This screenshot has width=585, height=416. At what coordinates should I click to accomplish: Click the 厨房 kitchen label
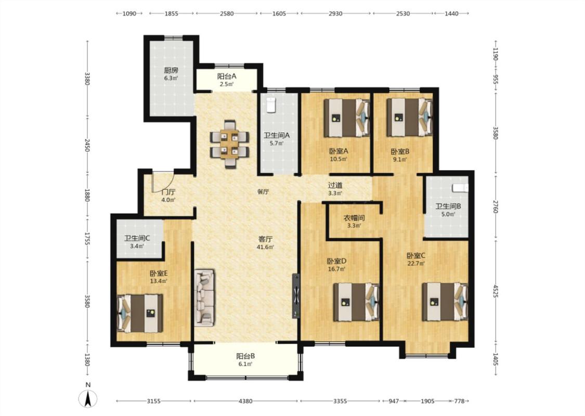tap(171, 70)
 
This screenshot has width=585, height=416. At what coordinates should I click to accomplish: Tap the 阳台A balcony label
tap(227, 76)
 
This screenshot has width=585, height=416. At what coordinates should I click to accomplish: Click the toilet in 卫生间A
tap(271, 105)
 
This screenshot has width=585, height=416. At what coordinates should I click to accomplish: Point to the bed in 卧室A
tap(347, 118)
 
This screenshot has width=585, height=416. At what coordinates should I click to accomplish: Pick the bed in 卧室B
tap(410, 118)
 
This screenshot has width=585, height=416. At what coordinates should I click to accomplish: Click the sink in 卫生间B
tap(460, 187)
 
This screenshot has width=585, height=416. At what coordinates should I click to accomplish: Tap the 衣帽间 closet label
tap(354, 218)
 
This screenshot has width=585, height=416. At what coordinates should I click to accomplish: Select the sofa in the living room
tap(204, 297)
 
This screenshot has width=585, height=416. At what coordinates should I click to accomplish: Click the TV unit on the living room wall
tap(296, 296)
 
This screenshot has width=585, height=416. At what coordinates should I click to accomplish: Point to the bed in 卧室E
tap(140, 314)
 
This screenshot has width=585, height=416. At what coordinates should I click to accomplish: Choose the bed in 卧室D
tap(357, 302)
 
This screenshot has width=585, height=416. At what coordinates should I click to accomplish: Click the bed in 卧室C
tap(445, 302)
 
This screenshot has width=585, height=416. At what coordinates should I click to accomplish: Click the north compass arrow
tap(88, 398)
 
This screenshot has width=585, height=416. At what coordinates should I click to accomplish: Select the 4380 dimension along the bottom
tap(245, 401)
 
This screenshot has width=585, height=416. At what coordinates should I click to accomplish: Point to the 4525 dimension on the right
tap(495, 291)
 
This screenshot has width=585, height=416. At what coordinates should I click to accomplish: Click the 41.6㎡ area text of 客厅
tap(265, 247)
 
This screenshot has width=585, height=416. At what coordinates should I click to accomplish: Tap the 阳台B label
tap(245, 356)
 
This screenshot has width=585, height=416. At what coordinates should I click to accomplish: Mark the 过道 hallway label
tap(335, 185)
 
